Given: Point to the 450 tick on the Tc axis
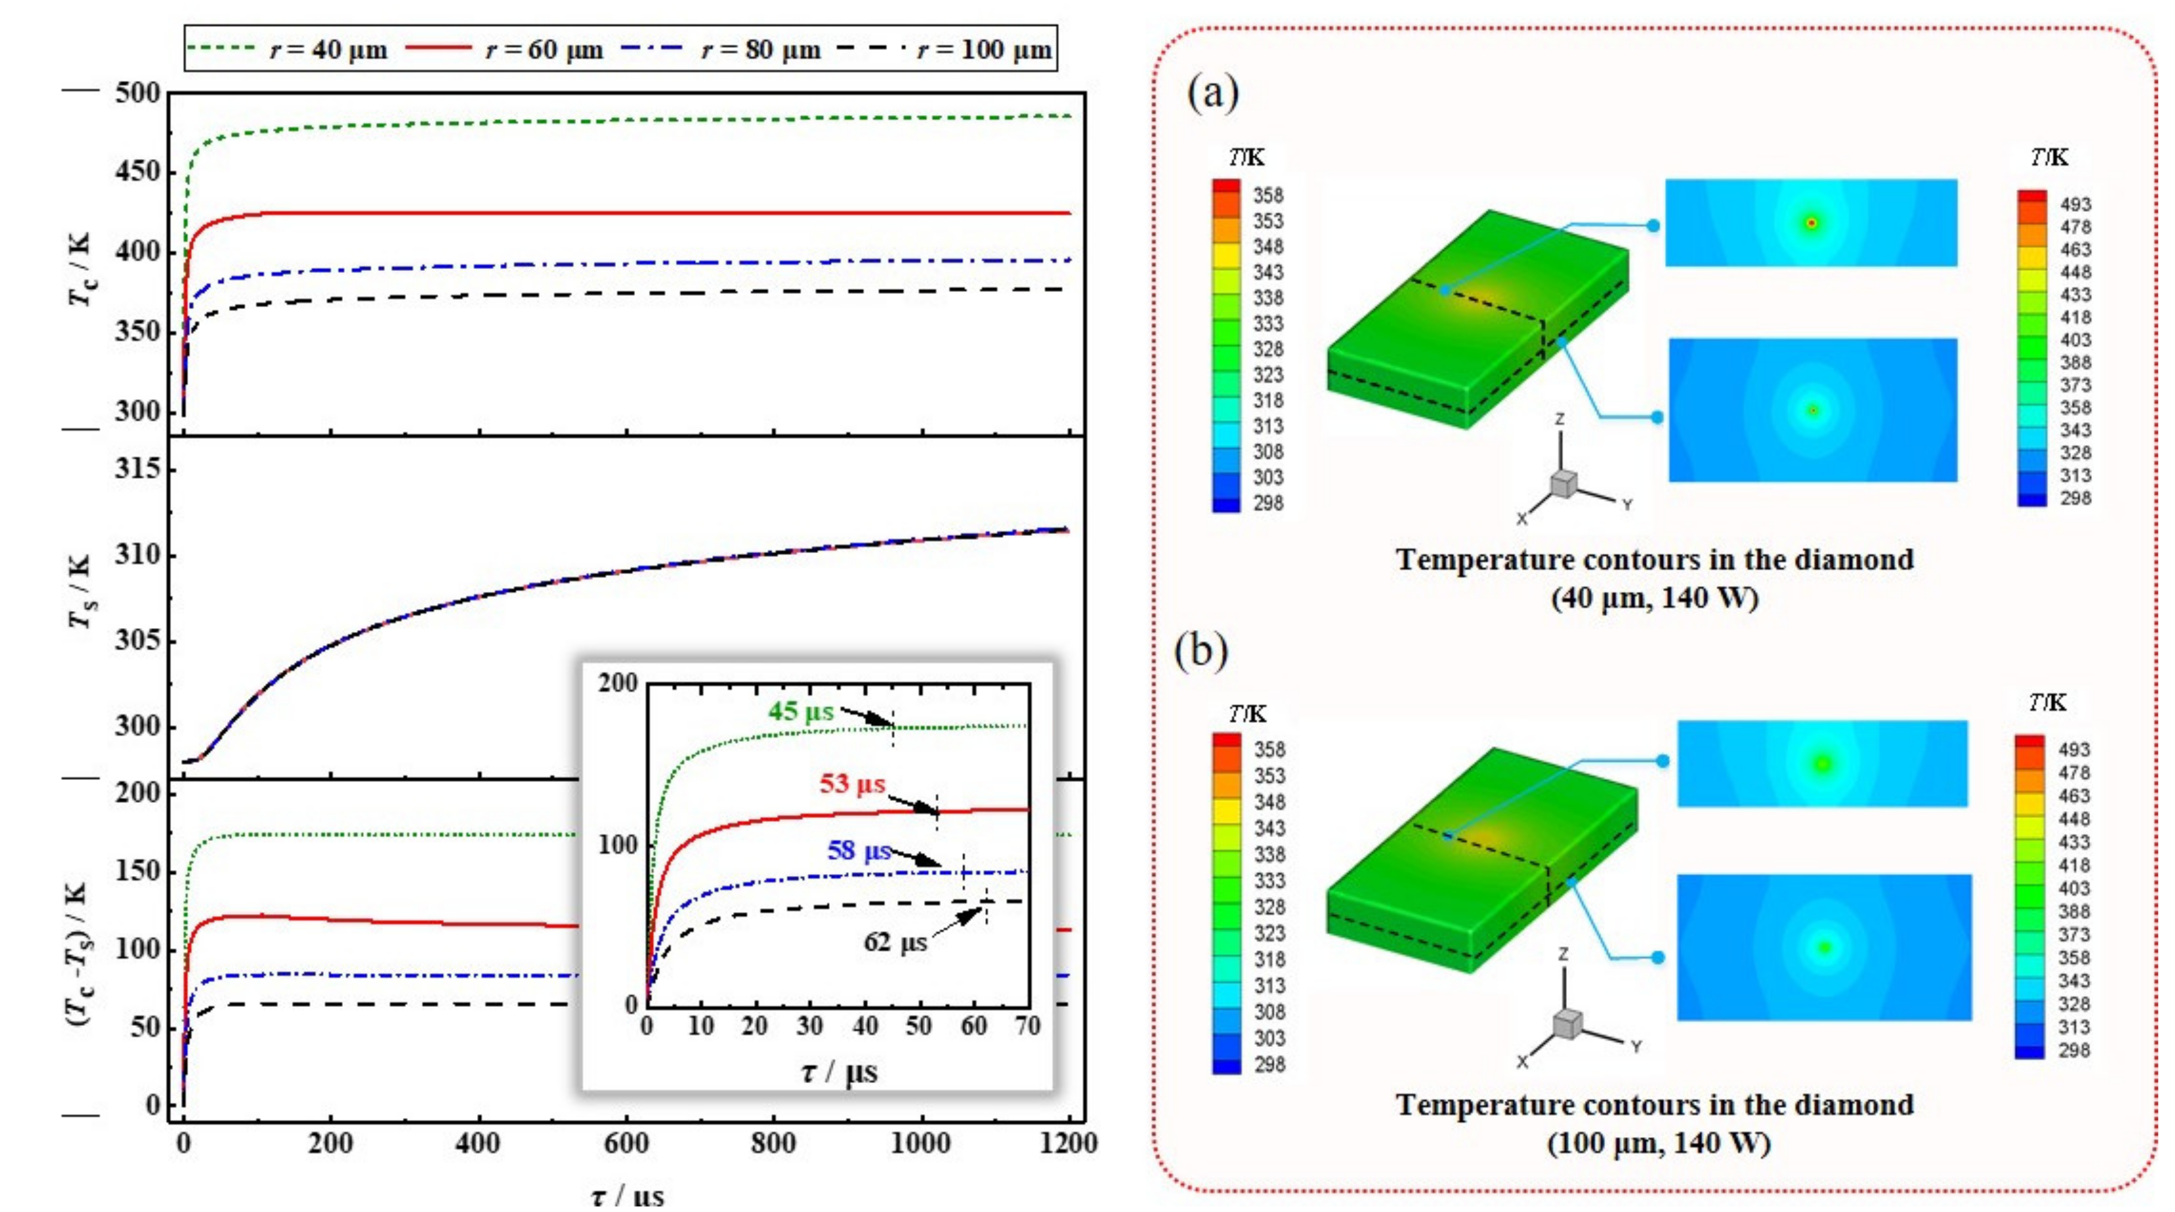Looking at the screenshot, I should (137, 172).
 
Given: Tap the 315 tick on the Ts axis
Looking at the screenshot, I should (137, 468).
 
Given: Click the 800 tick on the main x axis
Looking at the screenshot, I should (773, 1144).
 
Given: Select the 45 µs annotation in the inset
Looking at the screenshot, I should (800, 711).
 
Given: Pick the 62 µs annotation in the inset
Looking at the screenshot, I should (895, 942).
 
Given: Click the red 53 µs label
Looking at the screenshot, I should (852, 783).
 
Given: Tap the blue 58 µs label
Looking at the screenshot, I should (859, 850).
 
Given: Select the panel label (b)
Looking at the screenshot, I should (1200, 651).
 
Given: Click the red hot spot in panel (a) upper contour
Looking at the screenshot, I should (1811, 223).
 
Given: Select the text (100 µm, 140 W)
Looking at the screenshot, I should (1658, 1143).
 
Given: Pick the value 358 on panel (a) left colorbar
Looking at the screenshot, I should (1267, 195).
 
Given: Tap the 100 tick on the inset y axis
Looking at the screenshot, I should (618, 845).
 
